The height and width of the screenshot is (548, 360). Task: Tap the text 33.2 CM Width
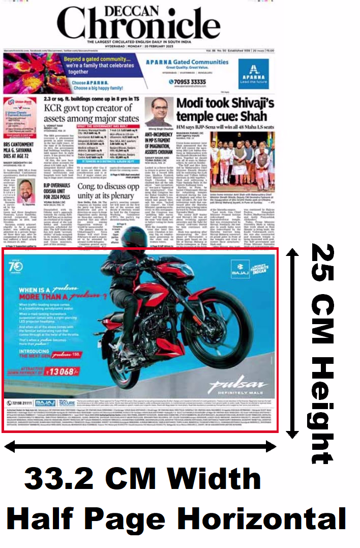143,479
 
